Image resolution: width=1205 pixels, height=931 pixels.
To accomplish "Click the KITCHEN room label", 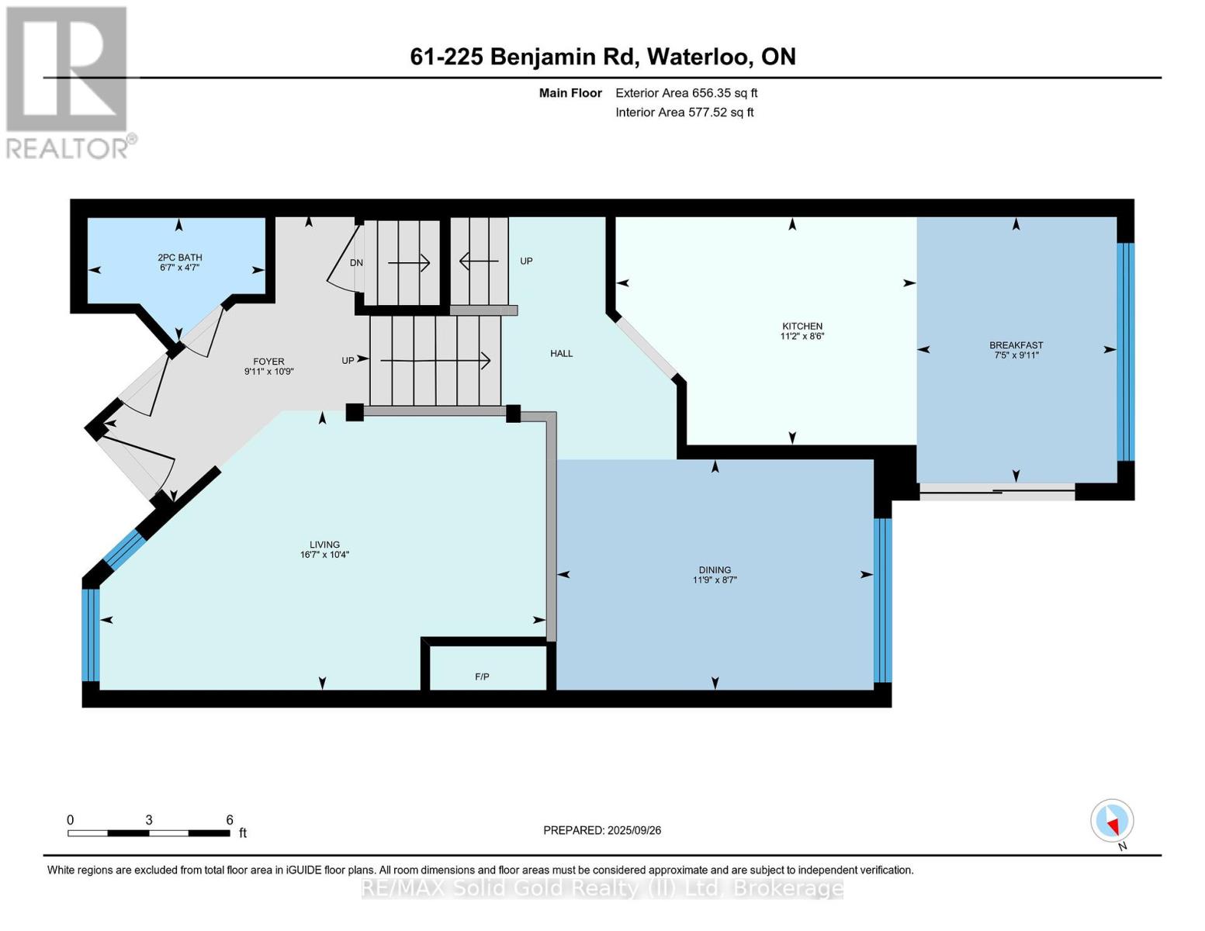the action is (802, 326).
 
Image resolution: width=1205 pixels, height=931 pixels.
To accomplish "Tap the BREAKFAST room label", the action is (1016, 345).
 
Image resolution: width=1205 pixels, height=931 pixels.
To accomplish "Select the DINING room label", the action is (715, 569).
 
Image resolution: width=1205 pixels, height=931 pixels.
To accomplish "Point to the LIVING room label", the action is (324, 545).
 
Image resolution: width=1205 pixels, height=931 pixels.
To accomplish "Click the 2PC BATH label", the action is (180, 258).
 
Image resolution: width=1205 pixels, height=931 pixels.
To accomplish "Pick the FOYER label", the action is (268, 362).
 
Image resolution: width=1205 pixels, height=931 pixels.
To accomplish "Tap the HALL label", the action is (561, 353).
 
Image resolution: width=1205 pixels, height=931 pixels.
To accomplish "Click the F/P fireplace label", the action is (482, 677).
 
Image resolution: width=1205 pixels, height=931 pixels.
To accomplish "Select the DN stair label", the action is (356, 263).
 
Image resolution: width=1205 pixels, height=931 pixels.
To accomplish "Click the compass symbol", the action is (1112, 821).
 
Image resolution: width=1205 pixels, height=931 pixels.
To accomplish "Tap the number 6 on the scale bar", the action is (229, 819).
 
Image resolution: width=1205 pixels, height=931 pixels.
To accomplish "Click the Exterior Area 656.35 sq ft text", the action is (686, 93).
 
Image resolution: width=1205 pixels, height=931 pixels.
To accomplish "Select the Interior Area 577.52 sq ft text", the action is (684, 112).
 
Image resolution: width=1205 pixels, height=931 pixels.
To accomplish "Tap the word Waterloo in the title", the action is (701, 57).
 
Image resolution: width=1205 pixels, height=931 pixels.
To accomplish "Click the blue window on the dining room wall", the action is (882, 600).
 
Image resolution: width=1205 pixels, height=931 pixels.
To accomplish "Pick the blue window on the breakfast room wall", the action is (1125, 352).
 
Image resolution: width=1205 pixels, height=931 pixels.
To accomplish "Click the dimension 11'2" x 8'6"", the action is (802, 336).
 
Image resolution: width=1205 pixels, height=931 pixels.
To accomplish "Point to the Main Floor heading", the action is (570, 93).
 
